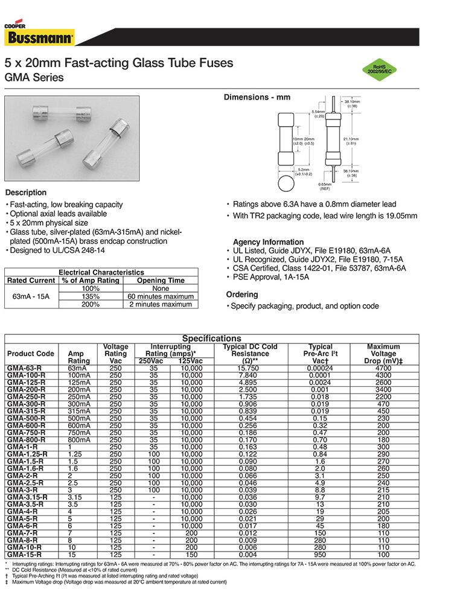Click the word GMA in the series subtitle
16,78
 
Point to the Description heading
26,193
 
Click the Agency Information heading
268,242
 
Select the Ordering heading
241,294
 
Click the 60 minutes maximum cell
161,296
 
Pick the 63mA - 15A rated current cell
31,296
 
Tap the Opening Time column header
161,281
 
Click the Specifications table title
211,339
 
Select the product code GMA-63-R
24,368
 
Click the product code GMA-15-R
24,554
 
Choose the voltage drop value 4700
383,368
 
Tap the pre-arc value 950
321,554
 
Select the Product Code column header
30,354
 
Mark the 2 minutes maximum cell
161,304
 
